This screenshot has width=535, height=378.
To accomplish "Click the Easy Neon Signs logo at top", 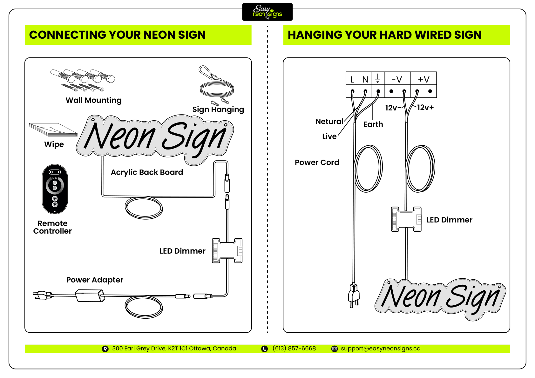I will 267,12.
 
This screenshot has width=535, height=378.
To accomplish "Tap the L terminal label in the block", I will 352,79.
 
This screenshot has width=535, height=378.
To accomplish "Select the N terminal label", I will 365,79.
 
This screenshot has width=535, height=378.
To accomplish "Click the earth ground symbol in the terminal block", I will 378,78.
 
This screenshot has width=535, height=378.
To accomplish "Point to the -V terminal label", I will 397,79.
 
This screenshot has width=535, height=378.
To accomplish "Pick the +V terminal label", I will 423,79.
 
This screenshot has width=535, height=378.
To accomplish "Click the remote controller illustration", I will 55,189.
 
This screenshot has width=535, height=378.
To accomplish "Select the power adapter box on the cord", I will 90,296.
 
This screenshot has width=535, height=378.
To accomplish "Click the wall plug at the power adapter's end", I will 42,295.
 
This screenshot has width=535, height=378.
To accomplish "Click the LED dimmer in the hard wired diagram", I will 406,219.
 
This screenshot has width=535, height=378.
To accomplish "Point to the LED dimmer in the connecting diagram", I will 227,251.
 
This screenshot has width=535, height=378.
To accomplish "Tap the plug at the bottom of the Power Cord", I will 354,295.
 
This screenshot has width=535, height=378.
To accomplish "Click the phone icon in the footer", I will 264,349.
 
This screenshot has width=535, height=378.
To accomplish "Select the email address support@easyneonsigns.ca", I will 381,348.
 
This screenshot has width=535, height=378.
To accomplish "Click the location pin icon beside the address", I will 105,349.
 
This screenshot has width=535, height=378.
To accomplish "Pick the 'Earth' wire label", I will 373,124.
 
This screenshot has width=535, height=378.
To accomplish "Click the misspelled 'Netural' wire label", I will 329,122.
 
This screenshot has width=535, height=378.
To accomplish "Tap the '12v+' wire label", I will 425,108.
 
